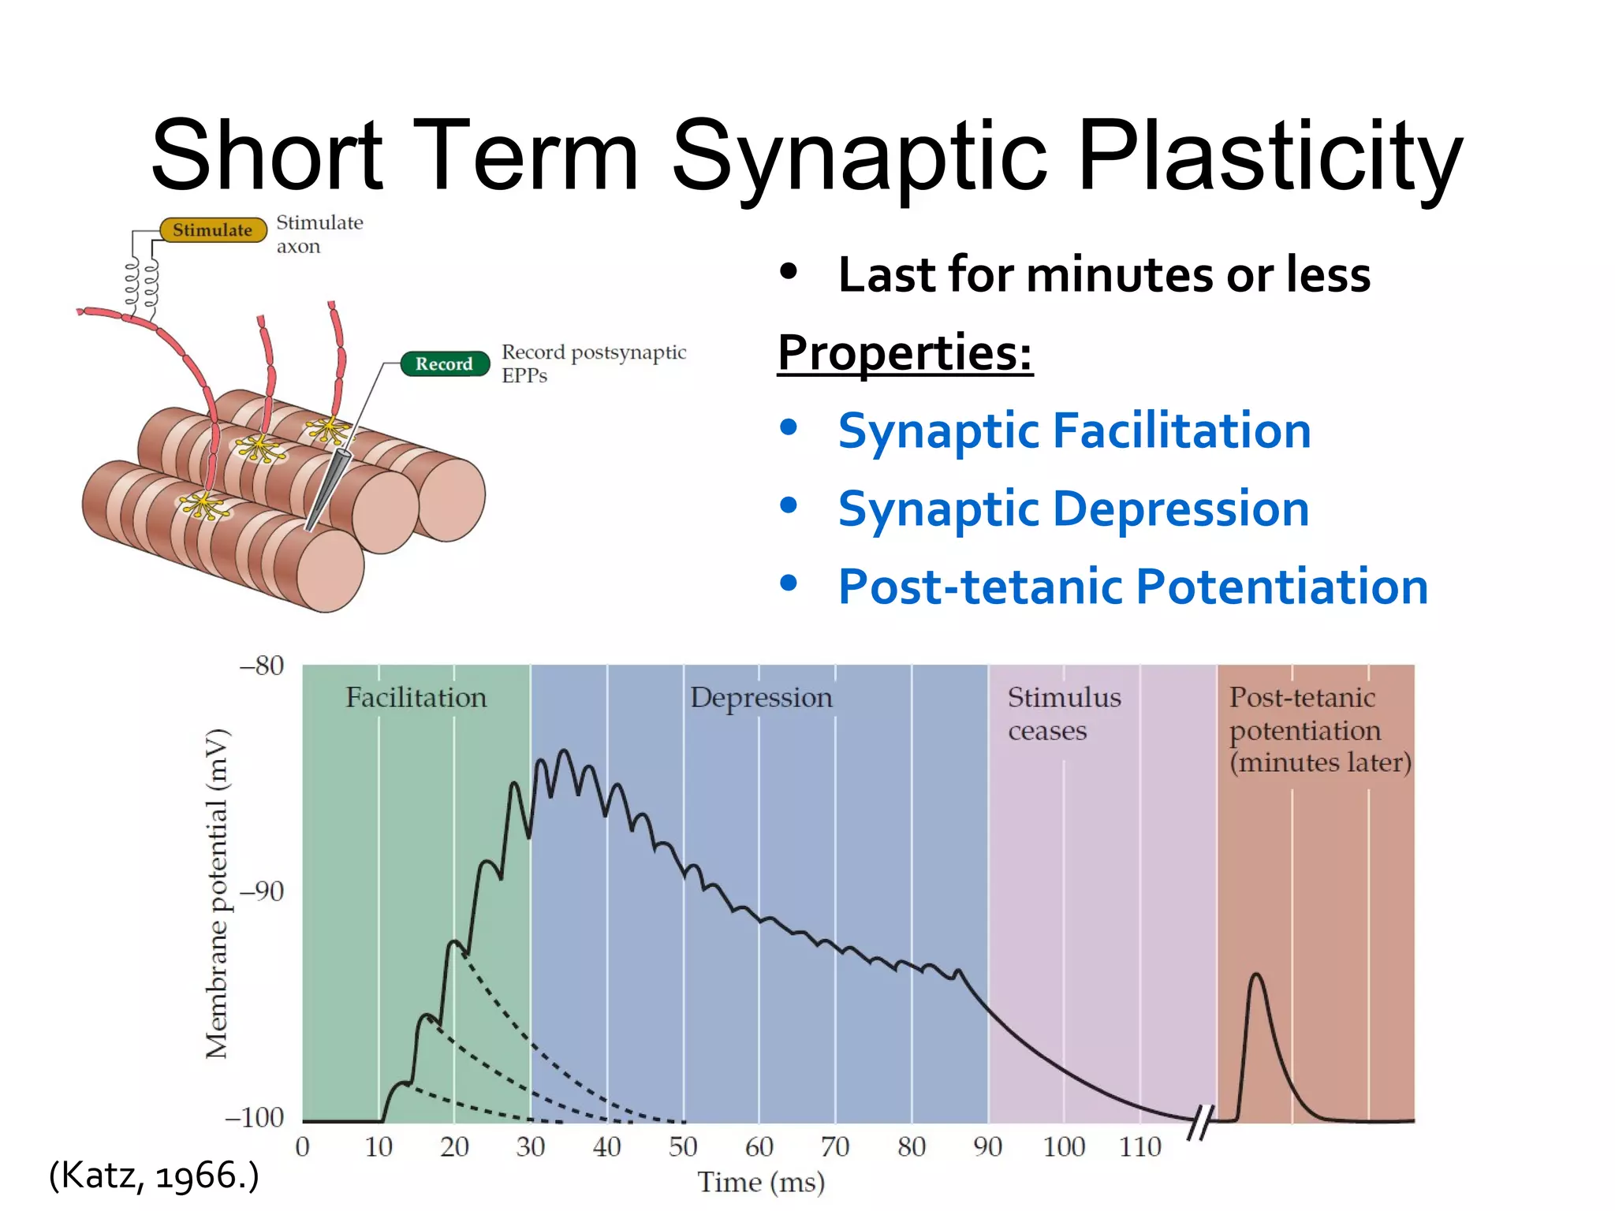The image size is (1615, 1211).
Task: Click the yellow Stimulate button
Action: (x=213, y=230)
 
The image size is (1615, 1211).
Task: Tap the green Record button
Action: (x=444, y=363)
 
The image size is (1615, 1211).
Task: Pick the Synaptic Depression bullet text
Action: (x=1073, y=509)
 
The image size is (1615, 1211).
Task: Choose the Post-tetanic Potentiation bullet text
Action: (x=1132, y=587)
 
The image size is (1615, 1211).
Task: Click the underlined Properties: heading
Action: (x=904, y=352)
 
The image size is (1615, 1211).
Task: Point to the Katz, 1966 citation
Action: (x=154, y=1175)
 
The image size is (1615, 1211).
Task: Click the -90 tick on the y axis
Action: (x=261, y=892)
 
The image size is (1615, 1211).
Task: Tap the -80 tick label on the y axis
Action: (x=261, y=666)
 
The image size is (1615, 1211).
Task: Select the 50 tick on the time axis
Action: (x=683, y=1146)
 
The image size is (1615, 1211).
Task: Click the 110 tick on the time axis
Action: (x=1140, y=1146)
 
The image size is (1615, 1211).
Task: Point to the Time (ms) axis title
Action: (x=761, y=1182)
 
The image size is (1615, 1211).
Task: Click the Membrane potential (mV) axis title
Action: (x=216, y=893)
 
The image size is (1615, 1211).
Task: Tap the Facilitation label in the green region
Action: (x=416, y=698)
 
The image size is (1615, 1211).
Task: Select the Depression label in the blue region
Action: (x=761, y=698)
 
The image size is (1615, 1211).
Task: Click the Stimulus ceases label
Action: (x=1064, y=714)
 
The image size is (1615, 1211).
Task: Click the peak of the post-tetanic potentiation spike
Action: (x=1256, y=975)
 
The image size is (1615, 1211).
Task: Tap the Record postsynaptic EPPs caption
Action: (x=593, y=363)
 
